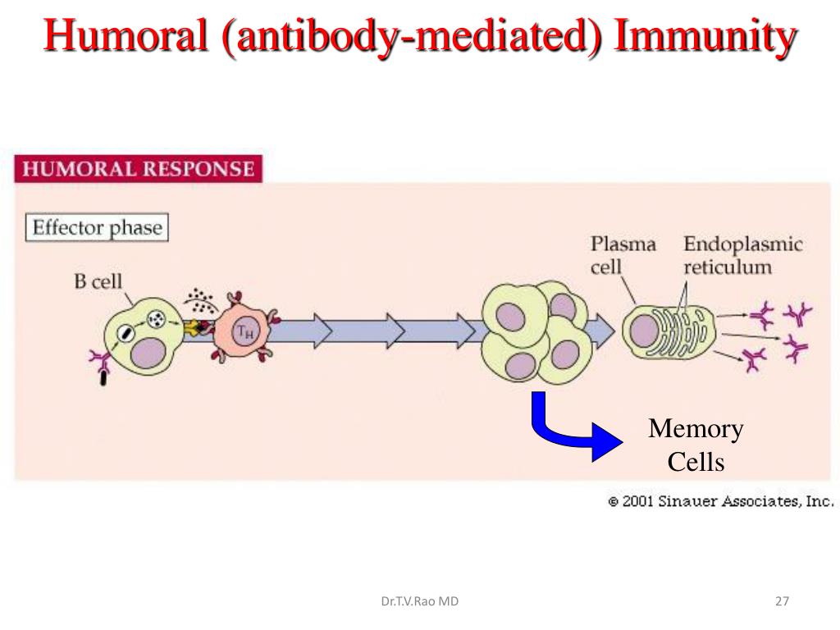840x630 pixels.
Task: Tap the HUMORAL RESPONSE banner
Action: pyautogui.click(x=138, y=169)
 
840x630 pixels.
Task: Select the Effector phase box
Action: pyautogui.click(x=97, y=227)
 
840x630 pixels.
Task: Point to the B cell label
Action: pyautogui.click(x=98, y=281)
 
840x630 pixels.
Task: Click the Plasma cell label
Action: pyautogui.click(x=623, y=255)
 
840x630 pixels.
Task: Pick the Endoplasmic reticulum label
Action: pyautogui.click(x=742, y=255)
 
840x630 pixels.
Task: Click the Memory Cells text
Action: pyautogui.click(x=696, y=445)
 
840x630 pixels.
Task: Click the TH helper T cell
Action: pyautogui.click(x=244, y=331)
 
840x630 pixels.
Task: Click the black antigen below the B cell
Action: pyautogui.click(x=103, y=379)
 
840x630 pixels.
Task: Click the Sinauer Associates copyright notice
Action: pyautogui.click(x=721, y=501)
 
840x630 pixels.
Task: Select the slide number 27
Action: pyautogui.click(x=782, y=601)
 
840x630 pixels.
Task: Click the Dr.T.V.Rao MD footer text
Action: pyautogui.click(x=420, y=601)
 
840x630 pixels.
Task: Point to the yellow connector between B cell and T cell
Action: pyautogui.click(x=193, y=327)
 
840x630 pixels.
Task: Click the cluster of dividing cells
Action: pyautogui.click(x=536, y=332)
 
